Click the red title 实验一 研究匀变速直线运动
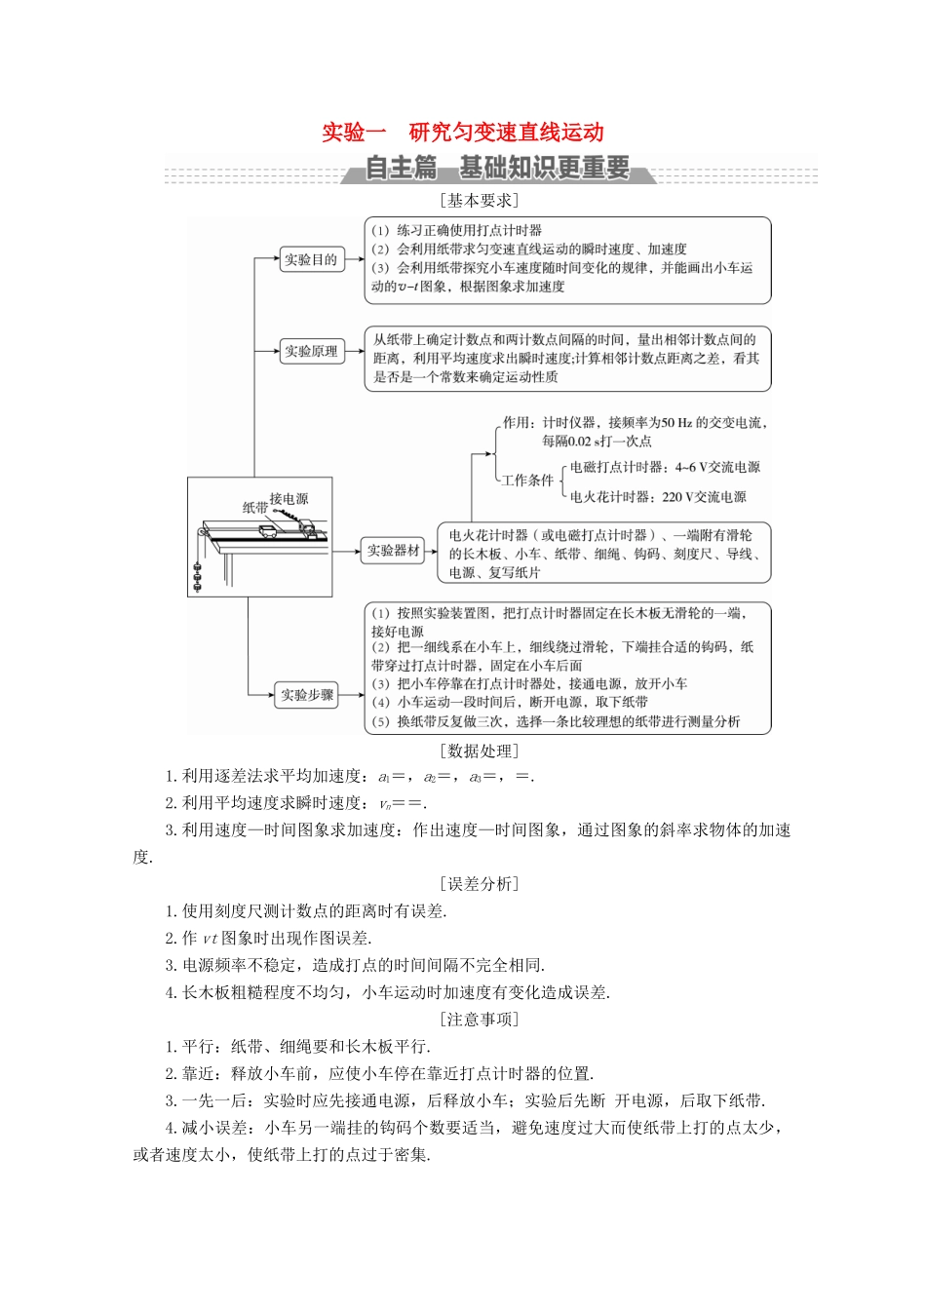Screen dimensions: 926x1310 [463, 133]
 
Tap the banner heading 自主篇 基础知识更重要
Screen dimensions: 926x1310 [497, 169]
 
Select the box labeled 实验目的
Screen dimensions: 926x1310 [311, 259]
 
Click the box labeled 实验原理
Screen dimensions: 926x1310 [311, 351]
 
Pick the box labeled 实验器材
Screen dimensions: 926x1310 [393, 551]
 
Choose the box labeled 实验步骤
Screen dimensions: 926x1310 [307, 695]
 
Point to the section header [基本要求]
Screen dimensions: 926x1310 [479, 200]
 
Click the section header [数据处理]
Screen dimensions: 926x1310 [479, 751]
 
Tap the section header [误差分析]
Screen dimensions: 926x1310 [479, 884]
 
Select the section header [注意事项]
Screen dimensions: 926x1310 [479, 1020]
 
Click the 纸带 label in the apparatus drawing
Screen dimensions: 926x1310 [255, 507]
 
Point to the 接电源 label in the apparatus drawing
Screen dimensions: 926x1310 [289, 498]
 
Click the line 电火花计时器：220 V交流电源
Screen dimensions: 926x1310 [659, 497]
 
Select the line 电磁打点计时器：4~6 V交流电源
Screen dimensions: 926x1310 [665, 467]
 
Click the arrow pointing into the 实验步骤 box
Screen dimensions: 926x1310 [266, 695]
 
